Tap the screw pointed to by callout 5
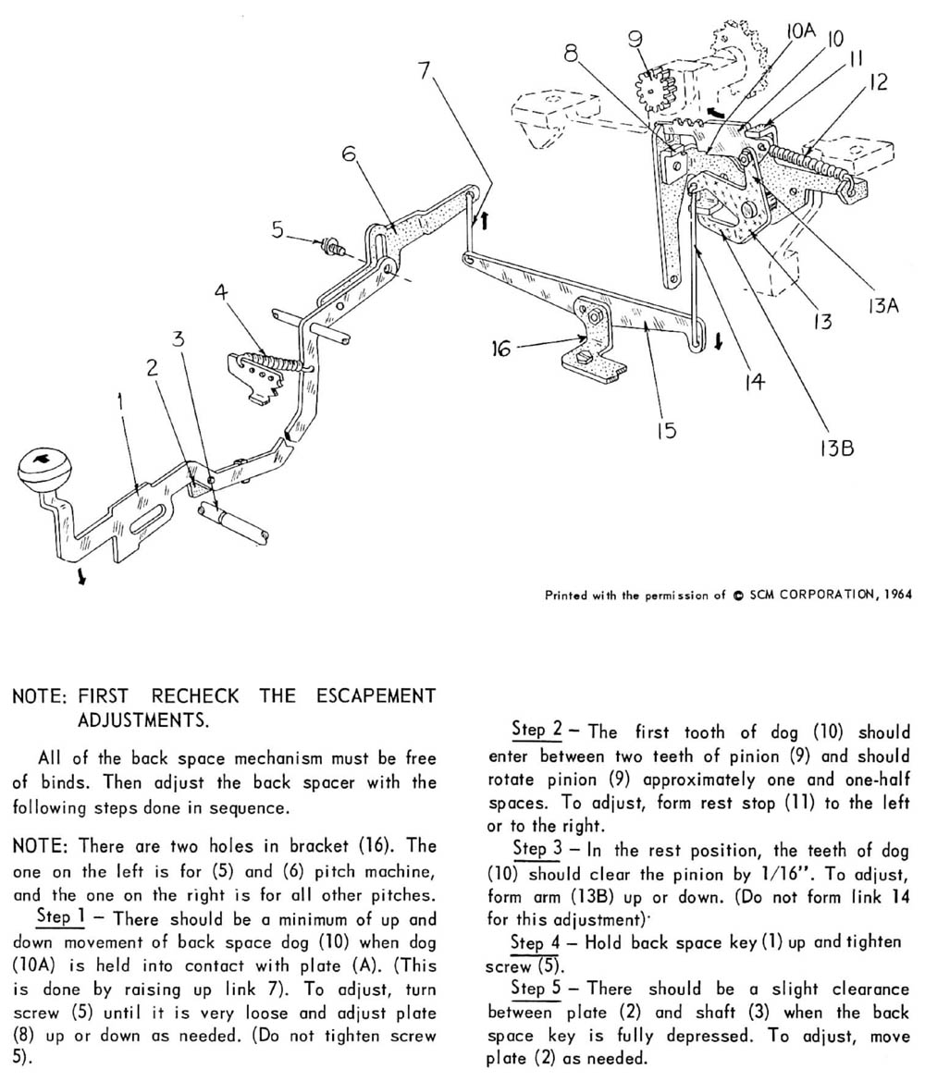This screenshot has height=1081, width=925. (x=328, y=246)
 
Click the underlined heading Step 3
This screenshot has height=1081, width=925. (x=535, y=849)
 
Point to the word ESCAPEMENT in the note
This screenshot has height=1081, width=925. (x=362, y=694)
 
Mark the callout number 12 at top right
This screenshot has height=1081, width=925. (x=877, y=82)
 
